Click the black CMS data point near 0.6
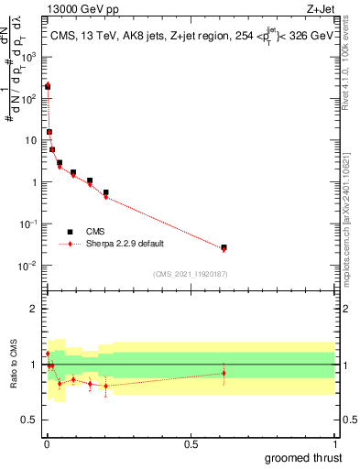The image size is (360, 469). [224, 247]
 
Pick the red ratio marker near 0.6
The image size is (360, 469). [224, 373]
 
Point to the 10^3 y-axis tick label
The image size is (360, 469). [29, 56]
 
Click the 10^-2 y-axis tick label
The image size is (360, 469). [29, 266]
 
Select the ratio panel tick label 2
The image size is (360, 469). [35, 309]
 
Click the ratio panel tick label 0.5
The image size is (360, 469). [31, 420]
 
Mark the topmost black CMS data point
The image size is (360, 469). [48, 86]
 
